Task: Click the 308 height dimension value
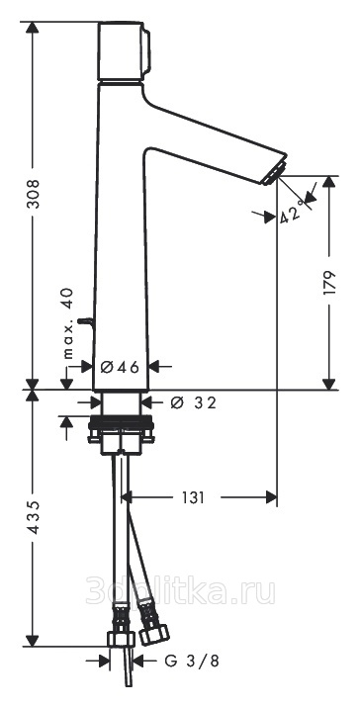coord(33,194)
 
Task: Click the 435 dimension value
coord(33,517)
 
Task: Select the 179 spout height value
coord(330,283)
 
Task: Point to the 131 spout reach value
coord(193,497)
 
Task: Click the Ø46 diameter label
coord(120,367)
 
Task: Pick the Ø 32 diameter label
coord(193,401)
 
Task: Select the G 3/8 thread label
coord(192,662)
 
